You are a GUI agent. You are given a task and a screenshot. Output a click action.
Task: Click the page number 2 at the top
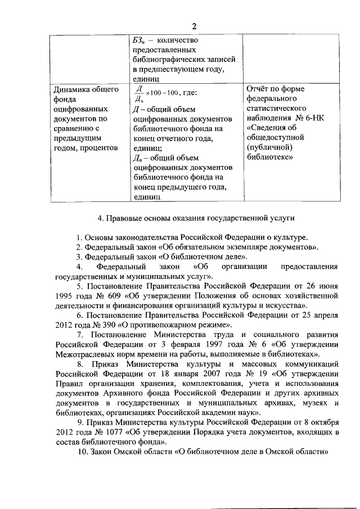click(x=195, y=26)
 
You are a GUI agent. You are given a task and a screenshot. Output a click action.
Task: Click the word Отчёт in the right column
click(x=260, y=89)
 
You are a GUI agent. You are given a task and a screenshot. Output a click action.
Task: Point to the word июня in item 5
click(x=327, y=287)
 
